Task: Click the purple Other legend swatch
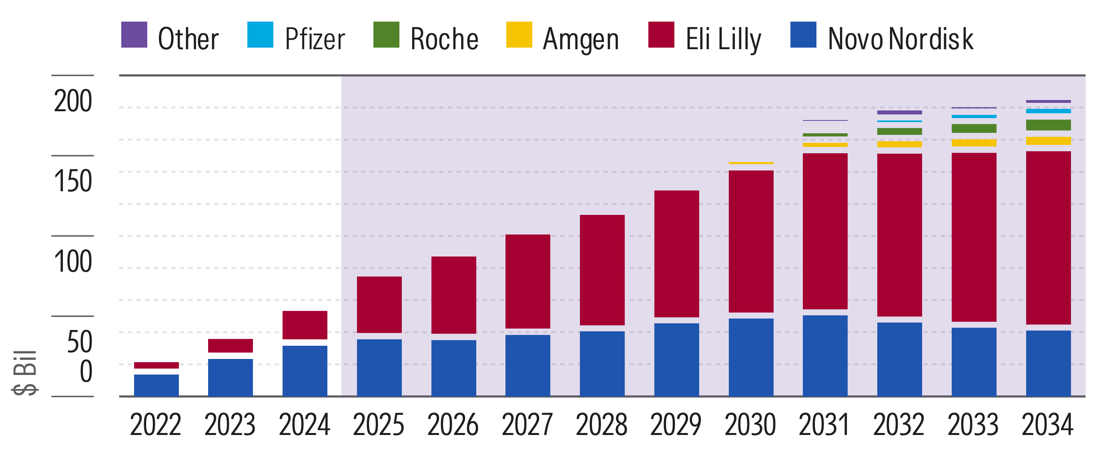click(134, 35)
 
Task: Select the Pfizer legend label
click(315, 39)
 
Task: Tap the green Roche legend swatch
click(386, 35)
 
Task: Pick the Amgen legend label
click(581, 39)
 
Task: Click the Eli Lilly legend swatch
click(661, 35)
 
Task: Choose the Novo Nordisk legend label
click(900, 39)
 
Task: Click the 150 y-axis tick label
click(73, 181)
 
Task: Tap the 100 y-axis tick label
click(73, 261)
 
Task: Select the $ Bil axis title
click(25, 373)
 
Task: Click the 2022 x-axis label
click(155, 425)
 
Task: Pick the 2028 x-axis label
click(602, 425)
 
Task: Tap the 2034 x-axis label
click(1047, 425)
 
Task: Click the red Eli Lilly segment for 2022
click(156, 365)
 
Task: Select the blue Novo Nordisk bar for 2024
click(305, 371)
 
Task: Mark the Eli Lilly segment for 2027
click(527, 281)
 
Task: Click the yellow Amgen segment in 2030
click(751, 163)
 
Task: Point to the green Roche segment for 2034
click(1048, 125)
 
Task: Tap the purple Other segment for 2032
click(899, 112)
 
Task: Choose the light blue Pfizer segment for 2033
click(974, 116)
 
